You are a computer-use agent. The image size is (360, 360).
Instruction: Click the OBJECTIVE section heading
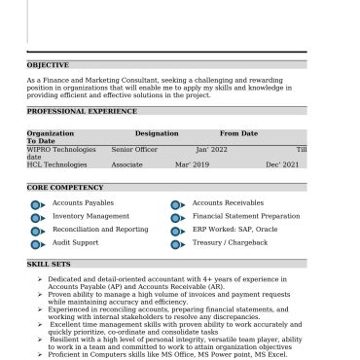48,65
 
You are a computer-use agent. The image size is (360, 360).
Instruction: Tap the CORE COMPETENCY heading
64,187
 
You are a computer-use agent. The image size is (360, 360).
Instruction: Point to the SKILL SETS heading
49,264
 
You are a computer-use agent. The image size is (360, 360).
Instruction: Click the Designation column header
157,133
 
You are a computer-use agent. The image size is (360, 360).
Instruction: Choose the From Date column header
238,133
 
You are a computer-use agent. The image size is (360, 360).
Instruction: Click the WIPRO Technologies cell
61,149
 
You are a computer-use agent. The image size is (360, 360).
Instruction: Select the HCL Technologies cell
56,164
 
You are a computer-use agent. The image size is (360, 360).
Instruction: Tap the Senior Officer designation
134,149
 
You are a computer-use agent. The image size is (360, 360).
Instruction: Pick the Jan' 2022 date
211,149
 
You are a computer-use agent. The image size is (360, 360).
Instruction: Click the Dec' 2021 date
282,164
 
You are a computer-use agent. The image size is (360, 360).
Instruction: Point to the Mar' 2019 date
192,164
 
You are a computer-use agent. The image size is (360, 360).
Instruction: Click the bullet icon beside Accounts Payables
37,204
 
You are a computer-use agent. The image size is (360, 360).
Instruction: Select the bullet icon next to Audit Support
37,243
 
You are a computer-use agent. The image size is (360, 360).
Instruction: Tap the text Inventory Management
90,216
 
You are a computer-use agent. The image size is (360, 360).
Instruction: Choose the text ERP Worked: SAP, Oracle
234,229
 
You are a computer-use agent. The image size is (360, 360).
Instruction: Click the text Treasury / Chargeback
230,242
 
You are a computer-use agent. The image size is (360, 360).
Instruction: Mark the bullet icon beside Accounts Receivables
177,204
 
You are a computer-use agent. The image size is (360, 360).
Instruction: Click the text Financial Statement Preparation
246,216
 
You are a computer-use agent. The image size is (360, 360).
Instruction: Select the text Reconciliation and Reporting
100,229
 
